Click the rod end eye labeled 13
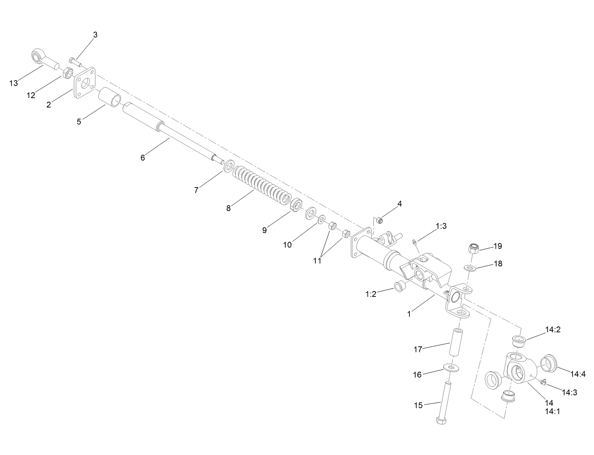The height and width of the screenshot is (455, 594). pyautogui.click(x=38, y=56)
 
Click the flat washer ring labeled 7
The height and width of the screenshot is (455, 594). pyautogui.click(x=229, y=166)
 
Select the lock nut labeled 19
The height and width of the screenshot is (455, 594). pyautogui.click(x=474, y=248)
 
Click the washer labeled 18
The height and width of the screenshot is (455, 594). pyautogui.click(x=469, y=268)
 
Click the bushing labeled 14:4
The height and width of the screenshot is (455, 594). pyautogui.click(x=547, y=363)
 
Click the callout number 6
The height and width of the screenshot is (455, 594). pyautogui.click(x=143, y=158)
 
